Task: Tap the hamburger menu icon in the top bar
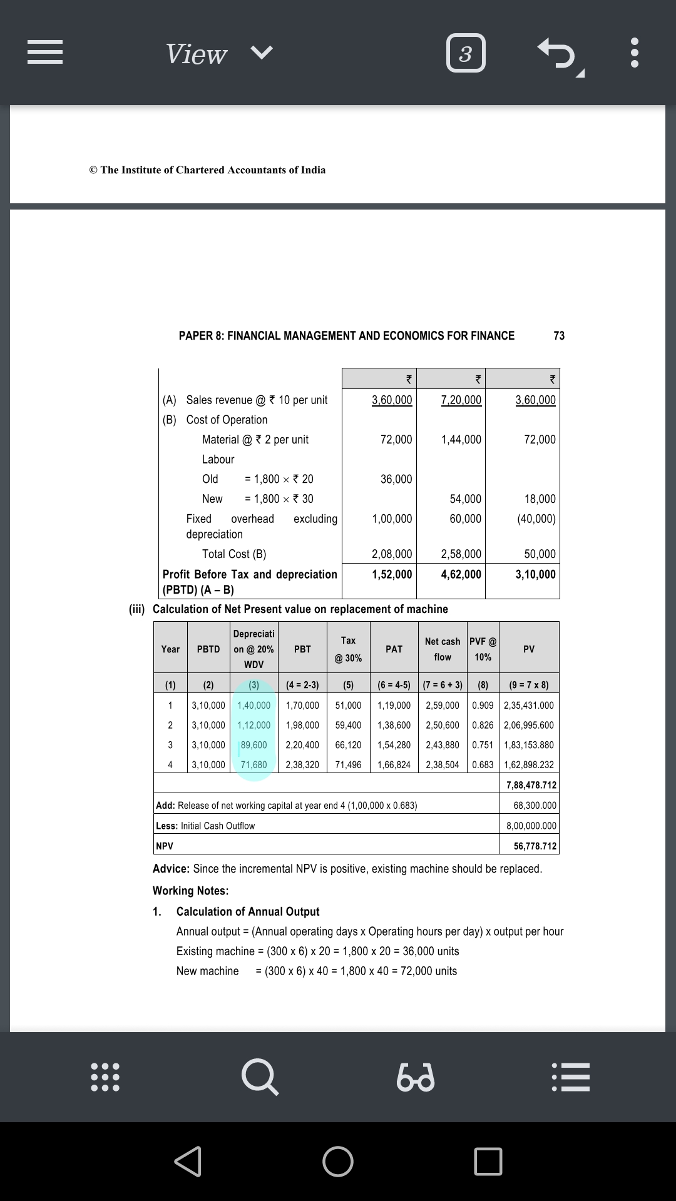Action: pyautogui.click(x=45, y=53)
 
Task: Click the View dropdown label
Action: pyautogui.click(x=196, y=54)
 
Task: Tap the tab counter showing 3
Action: pyautogui.click(x=466, y=53)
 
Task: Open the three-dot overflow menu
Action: pyautogui.click(x=634, y=53)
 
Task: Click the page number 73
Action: pyautogui.click(x=559, y=336)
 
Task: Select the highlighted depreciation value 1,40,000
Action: pyautogui.click(x=254, y=705)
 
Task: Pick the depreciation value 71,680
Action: pyautogui.click(x=254, y=764)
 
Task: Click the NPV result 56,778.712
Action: pyautogui.click(x=535, y=846)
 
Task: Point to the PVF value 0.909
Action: pyautogui.click(x=483, y=705)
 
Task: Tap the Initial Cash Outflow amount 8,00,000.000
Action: pyautogui.click(x=531, y=826)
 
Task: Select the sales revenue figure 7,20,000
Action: pyautogui.click(x=461, y=400)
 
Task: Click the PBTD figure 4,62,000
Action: pyautogui.click(x=461, y=574)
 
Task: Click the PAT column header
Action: pyautogui.click(x=394, y=649)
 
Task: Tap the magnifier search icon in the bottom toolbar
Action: pyautogui.click(x=260, y=1077)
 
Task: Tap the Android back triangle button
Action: pyautogui.click(x=188, y=1162)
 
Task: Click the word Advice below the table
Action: pyautogui.click(x=170, y=869)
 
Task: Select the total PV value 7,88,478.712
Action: pyautogui.click(x=531, y=785)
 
